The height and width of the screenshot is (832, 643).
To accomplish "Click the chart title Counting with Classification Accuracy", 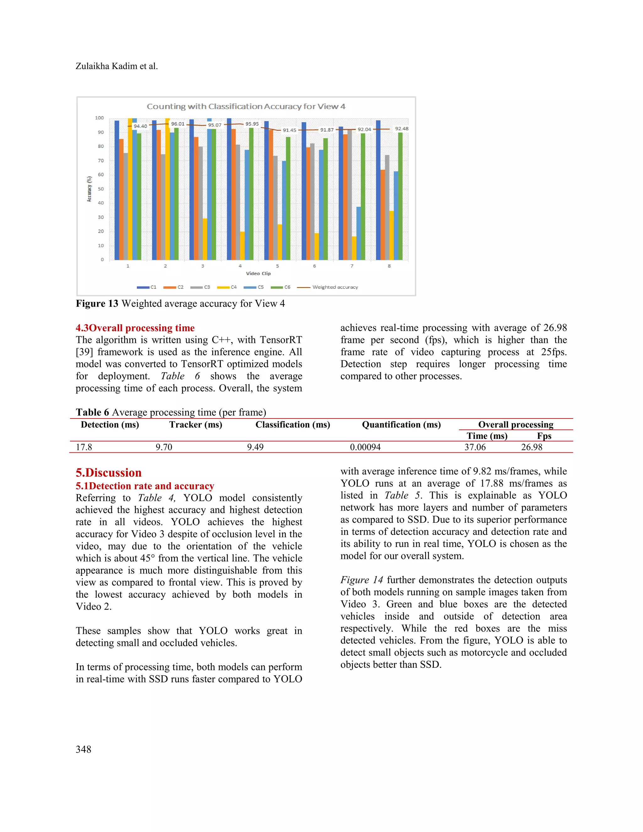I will pyautogui.click(x=246, y=107).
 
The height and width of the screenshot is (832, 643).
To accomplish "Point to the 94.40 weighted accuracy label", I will pyautogui.click(x=140, y=126).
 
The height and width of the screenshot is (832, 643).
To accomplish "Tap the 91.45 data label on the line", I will pyautogui.click(x=289, y=130).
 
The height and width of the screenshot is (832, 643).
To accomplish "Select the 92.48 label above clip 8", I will pyautogui.click(x=402, y=129).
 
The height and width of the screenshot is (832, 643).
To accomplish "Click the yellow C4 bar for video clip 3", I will pyautogui.click(x=205, y=239).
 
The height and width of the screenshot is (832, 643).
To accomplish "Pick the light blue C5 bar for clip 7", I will pyautogui.click(x=359, y=233).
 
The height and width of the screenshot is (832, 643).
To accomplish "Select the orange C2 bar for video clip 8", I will pyautogui.click(x=382, y=215).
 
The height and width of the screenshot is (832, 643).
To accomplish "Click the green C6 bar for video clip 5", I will pyautogui.click(x=288, y=198).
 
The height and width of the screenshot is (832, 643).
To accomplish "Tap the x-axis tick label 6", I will pyautogui.click(x=314, y=266).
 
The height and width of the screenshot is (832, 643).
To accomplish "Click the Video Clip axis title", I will pyautogui.click(x=258, y=273).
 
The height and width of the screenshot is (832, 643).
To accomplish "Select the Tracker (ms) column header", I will pyautogui.click(x=196, y=425).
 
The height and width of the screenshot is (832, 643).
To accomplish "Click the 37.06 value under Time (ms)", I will pyautogui.click(x=475, y=447).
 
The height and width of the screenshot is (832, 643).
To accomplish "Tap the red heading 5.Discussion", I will pyautogui.click(x=109, y=473).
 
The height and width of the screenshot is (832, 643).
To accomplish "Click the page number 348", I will pyautogui.click(x=84, y=749).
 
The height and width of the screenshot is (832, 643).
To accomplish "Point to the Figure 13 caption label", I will pyautogui.click(x=97, y=304).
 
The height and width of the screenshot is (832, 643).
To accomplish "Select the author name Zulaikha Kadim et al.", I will pyautogui.click(x=116, y=66).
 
